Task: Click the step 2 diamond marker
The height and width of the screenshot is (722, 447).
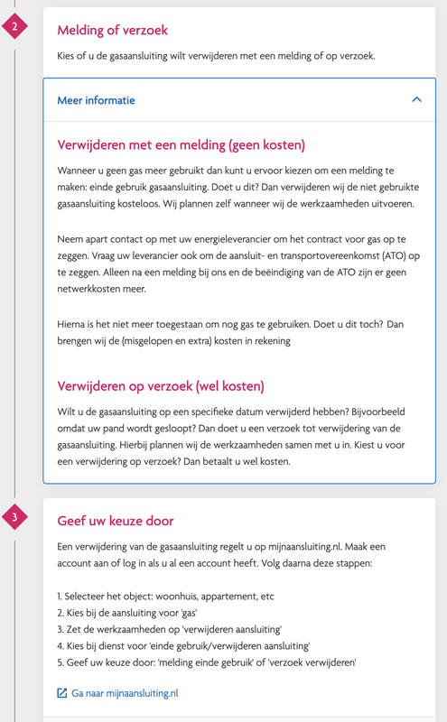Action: (15, 27)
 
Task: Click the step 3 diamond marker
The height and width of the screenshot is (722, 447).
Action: (15, 518)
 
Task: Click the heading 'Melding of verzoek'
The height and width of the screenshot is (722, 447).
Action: (112, 30)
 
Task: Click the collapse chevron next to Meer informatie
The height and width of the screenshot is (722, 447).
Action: (416, 99)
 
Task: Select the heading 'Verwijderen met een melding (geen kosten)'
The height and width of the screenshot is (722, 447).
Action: (181, 144)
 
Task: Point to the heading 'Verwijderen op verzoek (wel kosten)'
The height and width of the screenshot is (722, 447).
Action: (161, 386)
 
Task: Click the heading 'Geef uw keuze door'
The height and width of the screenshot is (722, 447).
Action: (116, 521)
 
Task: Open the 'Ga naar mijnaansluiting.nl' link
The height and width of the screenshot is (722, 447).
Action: (125, 693)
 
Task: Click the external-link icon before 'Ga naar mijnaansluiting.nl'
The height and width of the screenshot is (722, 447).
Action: (62, 693)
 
